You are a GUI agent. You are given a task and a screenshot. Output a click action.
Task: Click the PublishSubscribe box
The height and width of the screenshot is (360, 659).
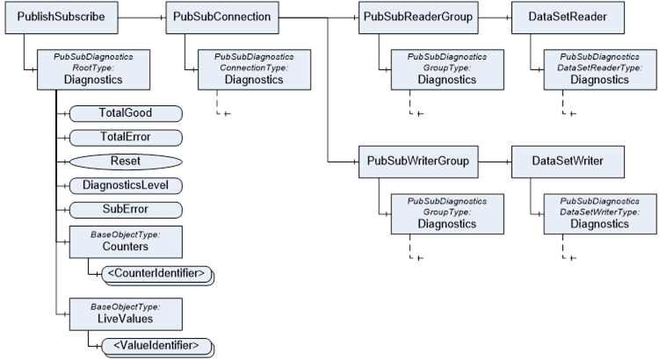(62, 18)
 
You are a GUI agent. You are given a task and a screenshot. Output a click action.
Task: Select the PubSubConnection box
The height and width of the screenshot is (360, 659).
(222, 18)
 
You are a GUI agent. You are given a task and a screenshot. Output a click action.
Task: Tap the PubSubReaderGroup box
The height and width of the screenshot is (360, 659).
(418, 18)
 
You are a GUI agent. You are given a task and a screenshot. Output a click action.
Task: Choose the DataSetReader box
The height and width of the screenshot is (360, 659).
(568, 18)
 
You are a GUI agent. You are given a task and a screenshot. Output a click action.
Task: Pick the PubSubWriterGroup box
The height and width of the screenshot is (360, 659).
(418, 162)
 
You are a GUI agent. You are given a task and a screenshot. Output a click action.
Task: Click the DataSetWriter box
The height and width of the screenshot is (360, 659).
(568, 162)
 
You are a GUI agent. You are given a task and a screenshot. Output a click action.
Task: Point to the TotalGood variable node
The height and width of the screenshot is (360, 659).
(126, 114)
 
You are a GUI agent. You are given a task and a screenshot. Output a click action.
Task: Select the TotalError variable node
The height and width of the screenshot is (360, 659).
(126, 138)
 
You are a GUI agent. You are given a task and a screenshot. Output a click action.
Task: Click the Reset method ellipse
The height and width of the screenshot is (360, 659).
(126, 162)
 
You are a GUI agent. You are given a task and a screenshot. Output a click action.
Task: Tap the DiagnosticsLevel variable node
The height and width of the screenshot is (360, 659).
(126, 185)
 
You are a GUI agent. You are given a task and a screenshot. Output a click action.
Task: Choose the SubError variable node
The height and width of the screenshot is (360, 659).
(126, 210)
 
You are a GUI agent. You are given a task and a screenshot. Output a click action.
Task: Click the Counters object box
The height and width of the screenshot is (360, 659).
(126, 242)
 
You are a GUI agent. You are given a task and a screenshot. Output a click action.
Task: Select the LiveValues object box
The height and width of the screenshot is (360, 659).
(126, 314)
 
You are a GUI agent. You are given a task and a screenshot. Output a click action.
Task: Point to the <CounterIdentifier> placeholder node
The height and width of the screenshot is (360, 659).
(157, 275)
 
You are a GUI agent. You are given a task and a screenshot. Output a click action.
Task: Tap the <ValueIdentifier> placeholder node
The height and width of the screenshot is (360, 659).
(157, 348)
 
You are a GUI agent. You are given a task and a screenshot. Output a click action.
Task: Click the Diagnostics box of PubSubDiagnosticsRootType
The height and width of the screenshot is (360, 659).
(93, 69)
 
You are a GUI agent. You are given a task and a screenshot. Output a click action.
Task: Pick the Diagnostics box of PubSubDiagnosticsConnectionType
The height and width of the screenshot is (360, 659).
(254, 69)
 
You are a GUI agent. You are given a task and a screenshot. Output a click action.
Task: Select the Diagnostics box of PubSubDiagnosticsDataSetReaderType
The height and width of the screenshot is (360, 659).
(600, 69)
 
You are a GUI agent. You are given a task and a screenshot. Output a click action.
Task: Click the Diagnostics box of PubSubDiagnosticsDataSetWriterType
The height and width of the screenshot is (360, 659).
(600, 214)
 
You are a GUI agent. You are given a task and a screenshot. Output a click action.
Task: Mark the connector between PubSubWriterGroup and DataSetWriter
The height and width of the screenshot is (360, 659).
(495, 162)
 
